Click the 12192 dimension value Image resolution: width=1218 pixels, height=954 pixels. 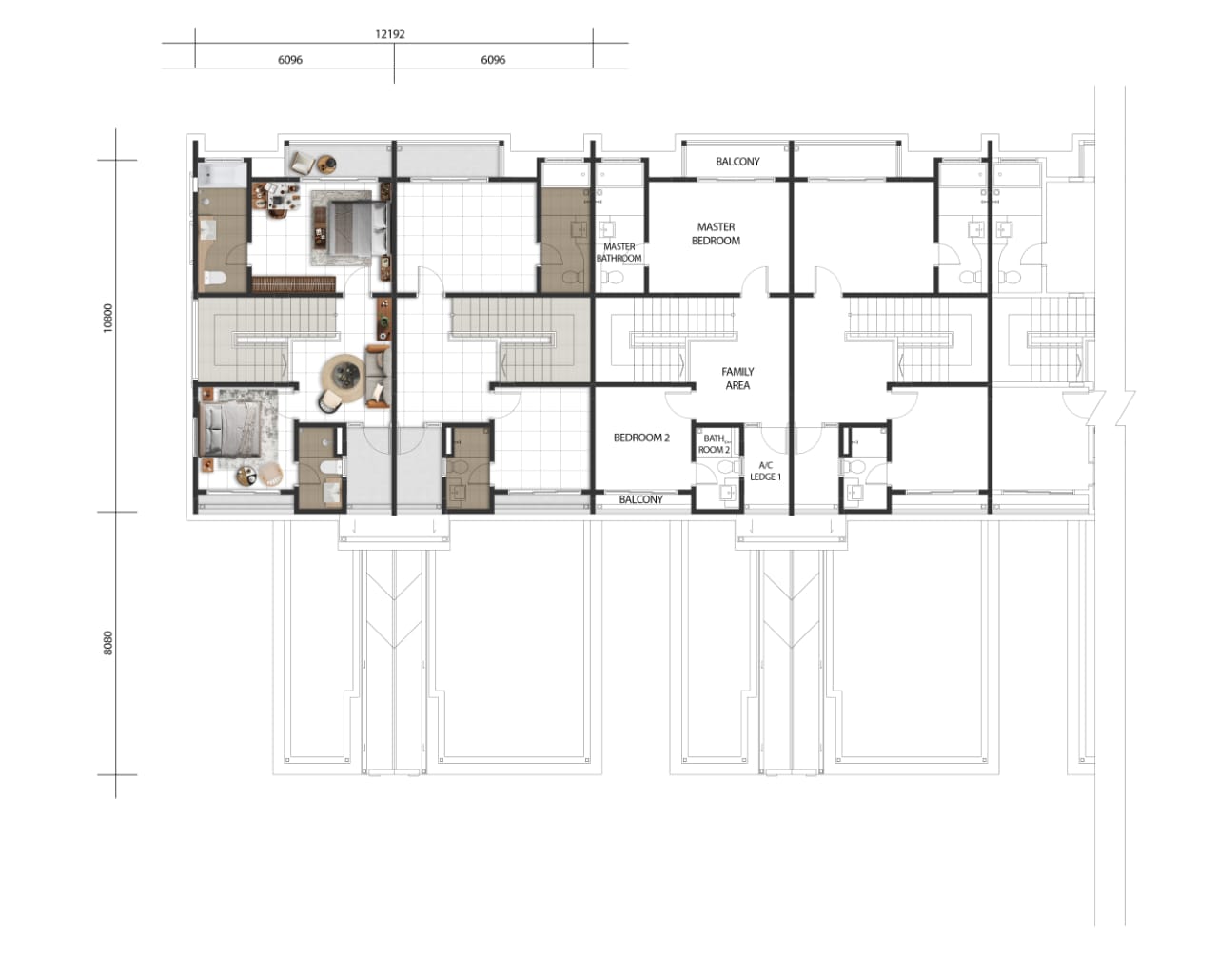[389, 34]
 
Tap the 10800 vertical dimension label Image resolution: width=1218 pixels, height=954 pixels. [108, 319]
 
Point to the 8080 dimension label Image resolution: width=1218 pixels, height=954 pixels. [108, 643]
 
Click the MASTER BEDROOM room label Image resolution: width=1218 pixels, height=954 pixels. [716, 234]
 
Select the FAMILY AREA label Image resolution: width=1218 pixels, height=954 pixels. [737, 379]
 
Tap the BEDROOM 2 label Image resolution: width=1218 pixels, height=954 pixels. [641, 438]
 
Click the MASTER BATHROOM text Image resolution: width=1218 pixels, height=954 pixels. [619, 252]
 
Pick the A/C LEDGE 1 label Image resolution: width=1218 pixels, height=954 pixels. [765, 471]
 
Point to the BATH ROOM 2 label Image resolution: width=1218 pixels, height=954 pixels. [714, 444]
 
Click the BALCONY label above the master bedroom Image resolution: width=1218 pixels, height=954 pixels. [737, 162]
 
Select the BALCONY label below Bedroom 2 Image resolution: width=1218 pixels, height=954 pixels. [640, 499]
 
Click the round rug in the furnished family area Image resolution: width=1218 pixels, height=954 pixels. [346, 379]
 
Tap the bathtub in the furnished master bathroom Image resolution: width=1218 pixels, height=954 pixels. [222, 175]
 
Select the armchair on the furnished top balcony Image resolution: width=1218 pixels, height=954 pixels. [302, 163]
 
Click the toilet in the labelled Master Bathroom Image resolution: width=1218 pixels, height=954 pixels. [613, 278]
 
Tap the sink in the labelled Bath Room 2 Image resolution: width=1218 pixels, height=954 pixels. [729, 493]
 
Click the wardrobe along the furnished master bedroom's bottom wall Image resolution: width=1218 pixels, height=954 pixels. [293, 284]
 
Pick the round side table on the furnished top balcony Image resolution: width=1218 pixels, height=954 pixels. [326, 164]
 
